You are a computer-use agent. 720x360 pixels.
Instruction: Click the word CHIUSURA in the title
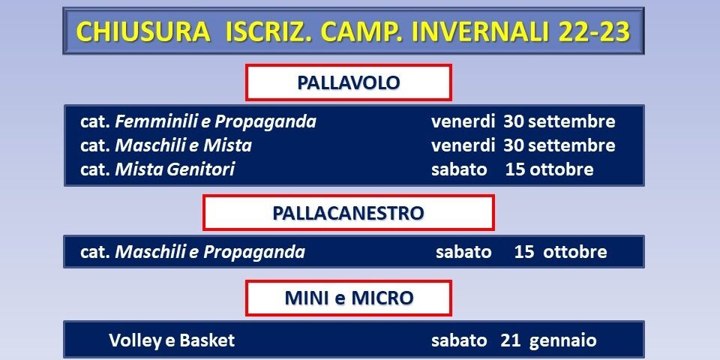pyautogui.click(x=142, y=31)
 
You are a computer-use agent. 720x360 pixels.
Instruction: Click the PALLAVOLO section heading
pyautogui.click(x=349, y=82)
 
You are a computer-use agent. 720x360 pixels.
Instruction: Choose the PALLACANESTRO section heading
pyautogui.click(x=349, y=213)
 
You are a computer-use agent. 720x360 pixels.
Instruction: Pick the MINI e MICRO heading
pyautogui.click(x=349, y=298)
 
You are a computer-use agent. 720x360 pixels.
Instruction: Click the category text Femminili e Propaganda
pyautogui.click(x=215, y=121)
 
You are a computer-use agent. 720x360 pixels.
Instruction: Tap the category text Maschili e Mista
pyautogui.click(x=183, y=145)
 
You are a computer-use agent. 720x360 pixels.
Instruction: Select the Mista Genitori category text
pyautogui.click(x=175, y=169)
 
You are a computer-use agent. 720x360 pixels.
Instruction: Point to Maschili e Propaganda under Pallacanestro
pyautogui.click(x=210, y=252)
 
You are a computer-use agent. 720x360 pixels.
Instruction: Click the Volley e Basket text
pyautogui.click(x=172, y=340)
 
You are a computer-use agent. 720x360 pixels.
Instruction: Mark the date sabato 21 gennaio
pyautogui.click(x=514, y=340)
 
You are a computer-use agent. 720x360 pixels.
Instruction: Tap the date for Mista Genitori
pyautogui.click(x=512, y=169)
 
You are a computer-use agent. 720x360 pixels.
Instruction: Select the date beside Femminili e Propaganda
pyautogui.click(x=523, y=121)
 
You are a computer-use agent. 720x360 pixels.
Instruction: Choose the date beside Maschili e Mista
pyautogui.click(x=523, y=145)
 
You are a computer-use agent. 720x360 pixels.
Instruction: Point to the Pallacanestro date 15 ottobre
pyautogui.click(x=561, y=252)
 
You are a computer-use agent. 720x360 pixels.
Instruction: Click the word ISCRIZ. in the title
pyautogui.click(x=269, y=31)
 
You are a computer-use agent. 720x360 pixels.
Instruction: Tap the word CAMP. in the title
pyautogui.click(x=363, y=31)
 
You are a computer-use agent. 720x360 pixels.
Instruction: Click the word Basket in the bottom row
pyautogui.click(x=207, y=340)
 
